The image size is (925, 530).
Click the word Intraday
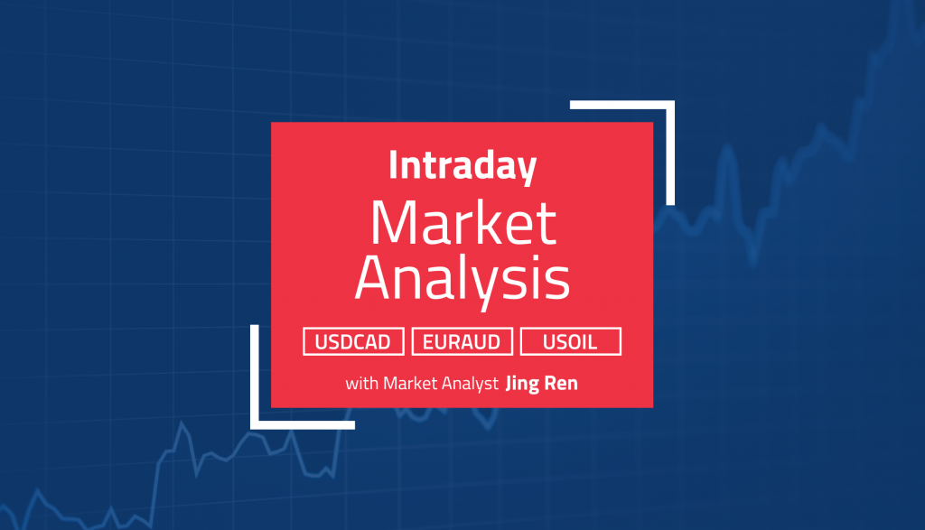click(462, 167)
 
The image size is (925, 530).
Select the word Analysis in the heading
click(462, 281)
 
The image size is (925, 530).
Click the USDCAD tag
click(354, 342)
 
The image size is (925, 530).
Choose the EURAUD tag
click(462, 342)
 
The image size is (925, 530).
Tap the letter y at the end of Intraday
click(527, 172)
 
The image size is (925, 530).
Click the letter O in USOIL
click(571, 342)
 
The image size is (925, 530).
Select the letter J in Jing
click(511, 384)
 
